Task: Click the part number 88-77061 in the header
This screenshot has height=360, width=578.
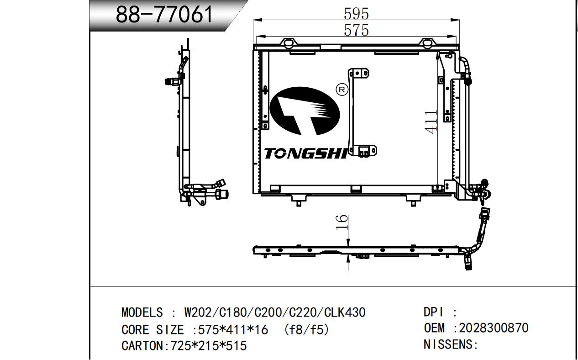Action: [164, 15]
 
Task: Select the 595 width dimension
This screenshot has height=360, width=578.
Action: [356, 14]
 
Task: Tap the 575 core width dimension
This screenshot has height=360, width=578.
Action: [356, 31]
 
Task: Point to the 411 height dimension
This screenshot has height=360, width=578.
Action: [431, 122]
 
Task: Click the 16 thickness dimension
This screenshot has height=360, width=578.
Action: [342, 222]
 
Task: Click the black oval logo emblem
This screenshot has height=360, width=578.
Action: [305, 111]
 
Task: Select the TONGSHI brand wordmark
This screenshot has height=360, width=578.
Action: [305, 153]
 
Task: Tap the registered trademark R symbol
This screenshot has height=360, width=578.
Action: [342, 90]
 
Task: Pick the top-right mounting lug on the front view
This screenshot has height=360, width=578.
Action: [427, 43]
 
